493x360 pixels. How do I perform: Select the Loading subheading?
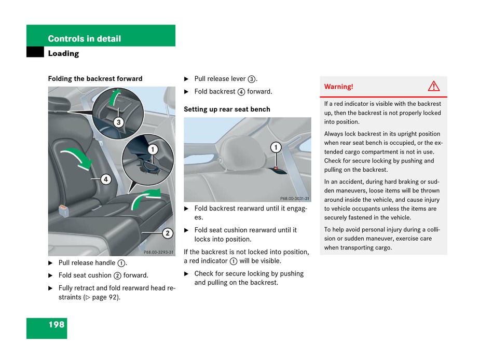(x=63, y=53)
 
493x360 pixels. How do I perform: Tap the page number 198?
(x=57, y=325)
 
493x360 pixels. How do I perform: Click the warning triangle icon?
(x=433, y=86)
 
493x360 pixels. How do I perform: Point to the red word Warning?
(x=338, y=87)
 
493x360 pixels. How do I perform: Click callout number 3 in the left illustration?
(x=118, y=122)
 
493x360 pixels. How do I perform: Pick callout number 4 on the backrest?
(x=105, y=179)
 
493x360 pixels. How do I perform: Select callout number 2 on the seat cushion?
(x=167, y=233)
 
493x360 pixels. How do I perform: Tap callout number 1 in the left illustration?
(x=152, y=149)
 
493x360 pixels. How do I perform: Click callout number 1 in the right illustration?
(x=276, y=147)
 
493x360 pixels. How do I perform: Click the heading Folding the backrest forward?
(x=95, y=79)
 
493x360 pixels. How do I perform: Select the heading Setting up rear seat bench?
(x=227, y=109)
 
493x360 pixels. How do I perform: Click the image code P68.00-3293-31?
(x=158, y=252)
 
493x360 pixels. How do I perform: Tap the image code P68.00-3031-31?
(x=294, y=199)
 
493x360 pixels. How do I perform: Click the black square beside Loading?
(x=35, y=53)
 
